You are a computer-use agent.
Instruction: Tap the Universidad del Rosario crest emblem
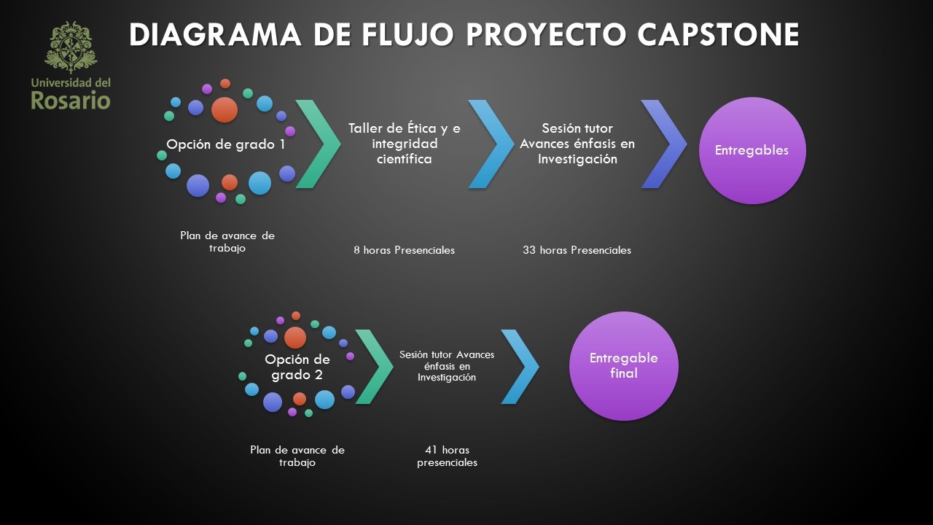point(71,47)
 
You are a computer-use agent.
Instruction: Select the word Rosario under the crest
point(71,100)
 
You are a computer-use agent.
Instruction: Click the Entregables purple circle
point(752,150)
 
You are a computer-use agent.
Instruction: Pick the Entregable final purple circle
point(623,366)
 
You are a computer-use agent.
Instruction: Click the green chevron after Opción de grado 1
point(319,144)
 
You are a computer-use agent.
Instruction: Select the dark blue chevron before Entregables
point(664,144)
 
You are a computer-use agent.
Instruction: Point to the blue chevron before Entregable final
point(520,367)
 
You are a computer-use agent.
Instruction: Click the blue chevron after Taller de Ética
point(491,144)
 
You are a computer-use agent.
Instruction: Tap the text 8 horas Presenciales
point(404,250)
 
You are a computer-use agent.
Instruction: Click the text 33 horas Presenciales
point(577,250)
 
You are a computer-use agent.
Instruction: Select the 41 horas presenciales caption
point(447,456)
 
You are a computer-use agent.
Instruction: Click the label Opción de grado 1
point(226,144)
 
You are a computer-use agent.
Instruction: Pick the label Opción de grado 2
point(297,367)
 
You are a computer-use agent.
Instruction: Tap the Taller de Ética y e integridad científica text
point(405,143)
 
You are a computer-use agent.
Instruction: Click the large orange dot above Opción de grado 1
point(225,109)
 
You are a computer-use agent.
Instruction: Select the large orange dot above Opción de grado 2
point(295,338)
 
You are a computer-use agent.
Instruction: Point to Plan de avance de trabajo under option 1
point(227,241)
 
